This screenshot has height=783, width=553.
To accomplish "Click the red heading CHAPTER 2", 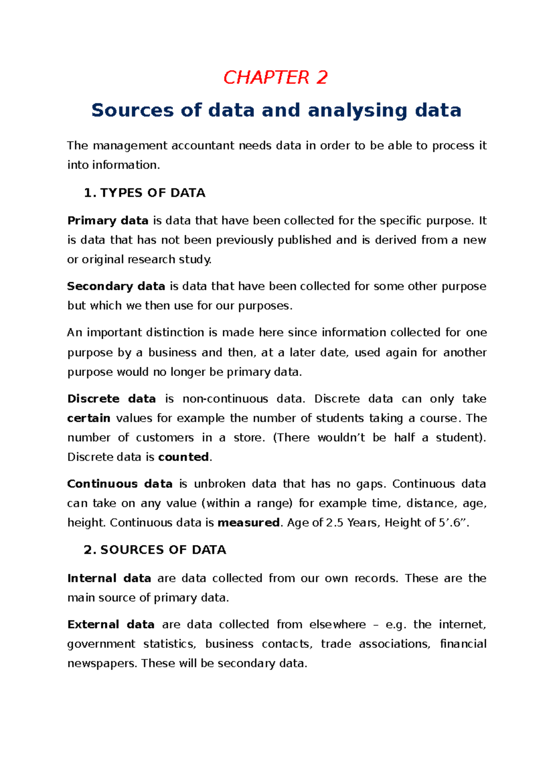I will pyautogui.click(x=275, y=77).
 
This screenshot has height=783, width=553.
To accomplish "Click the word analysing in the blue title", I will pyautogui.click(x=358, y=110).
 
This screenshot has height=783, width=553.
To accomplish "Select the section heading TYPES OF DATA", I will pyautogui.click(x=153, y=193).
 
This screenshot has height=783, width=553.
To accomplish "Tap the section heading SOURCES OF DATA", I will pyautogui.click(x=163, y=550).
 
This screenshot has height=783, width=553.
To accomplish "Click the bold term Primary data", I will pyautogui.click(x=108, y=220).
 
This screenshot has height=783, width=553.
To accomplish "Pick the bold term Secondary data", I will pyautogui.click(x=116, y=286).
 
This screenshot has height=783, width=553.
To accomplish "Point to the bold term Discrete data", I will pyautogui.click(x=112, y=398).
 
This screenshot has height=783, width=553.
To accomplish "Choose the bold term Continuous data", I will pyautogui.click(x=120, y=484).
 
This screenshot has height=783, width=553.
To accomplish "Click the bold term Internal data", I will pyautogui.click(x=109, y=578).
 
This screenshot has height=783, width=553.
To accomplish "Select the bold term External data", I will pyautogui.click(x=111, y=624).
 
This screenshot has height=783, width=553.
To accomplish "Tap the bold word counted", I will pyautogui.click(x=183, y=457).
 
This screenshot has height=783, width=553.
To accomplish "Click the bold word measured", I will pyautogui.click(x=248, y=522).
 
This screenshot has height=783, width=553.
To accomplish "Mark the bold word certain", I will pyautogui.click(x=88, y=418).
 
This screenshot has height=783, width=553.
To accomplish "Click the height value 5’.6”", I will pyautogui.click(x=453, y=522).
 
